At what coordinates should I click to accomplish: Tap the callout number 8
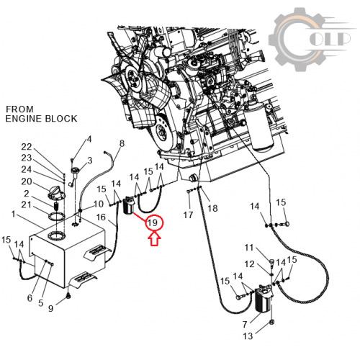tap(122, 143)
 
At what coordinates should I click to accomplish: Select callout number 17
tap(188, 215)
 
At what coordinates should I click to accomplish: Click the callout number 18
tap(212, 208)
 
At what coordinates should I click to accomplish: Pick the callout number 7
tap(245, 325)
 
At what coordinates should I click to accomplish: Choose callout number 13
tap(248, 336)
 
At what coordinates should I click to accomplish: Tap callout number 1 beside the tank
tap(13, 214)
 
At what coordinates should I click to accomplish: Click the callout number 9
tap(50, 308)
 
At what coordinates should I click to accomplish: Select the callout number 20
tap(27, 181)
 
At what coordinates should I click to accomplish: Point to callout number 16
tap(101, 217)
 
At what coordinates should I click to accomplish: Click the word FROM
tap(19, 109)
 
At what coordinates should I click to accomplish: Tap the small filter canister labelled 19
tap(129, 206)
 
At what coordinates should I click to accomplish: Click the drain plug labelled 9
tap(69, 297)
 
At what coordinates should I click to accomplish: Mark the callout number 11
tap(249, 247)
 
